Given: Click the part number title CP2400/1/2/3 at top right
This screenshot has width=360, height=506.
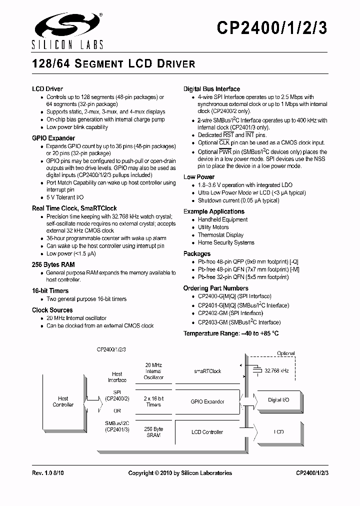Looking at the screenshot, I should pyautogui.click(x=272, y=29).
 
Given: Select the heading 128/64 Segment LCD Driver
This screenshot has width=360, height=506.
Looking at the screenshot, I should pyautogui.click(x=113, y=64).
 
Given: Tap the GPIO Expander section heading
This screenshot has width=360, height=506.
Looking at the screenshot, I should pyautogui.click(x=53, y=138).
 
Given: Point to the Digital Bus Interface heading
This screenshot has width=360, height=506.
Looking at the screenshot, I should pyautogui.click(x=211, y=89).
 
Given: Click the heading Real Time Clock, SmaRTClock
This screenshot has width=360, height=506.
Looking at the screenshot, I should pyautogui.click(x=74, y=208).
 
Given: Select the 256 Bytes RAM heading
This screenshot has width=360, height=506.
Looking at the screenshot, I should pyautogui.click(x=53, y=264).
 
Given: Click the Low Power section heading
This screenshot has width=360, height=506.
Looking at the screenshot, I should pyautogui.click(x=198, y=177).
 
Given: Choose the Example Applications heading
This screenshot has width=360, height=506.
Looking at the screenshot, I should pyautogui.click(x=213, y=211).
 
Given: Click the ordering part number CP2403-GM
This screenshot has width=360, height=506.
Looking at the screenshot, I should pyautogui.click(x=212, y=322).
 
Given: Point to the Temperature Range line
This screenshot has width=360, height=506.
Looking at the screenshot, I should pyautogui.click(x=230, y=333).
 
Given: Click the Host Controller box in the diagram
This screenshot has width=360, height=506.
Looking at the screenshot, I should pyautogui.click(x=63, y=401).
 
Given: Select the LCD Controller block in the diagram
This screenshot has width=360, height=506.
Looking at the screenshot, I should pyautogui.click(x=207, y=432).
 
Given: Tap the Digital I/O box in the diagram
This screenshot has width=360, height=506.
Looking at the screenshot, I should pyautogui.click(x=278, y=400).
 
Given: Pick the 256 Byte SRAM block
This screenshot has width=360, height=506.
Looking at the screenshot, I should pyautogui.click(x=153, y=432).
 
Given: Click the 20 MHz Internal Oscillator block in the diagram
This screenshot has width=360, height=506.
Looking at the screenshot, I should pyautogui.click(x=153, y=371).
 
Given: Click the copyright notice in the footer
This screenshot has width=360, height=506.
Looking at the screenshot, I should pyautogui.click(x=180, y=473).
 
